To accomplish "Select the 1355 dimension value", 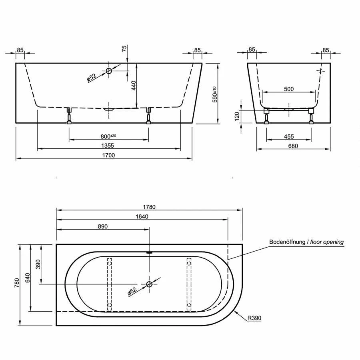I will pos(108,146).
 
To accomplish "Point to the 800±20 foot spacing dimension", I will pos(108,136).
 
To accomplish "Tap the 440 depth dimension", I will pos(134,86).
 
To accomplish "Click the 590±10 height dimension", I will pos(214,94).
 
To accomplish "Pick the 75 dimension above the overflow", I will pos(124,49).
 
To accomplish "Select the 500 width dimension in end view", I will pos(288,89).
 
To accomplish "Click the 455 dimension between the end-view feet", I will pos(289,136).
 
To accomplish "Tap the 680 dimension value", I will pos(293,146).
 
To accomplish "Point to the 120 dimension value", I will pos(237,116).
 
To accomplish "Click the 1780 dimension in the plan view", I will pos(149,207).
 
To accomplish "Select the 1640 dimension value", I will pos(142,217).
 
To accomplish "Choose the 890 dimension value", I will pos(102,226).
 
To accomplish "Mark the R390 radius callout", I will pos(254,318).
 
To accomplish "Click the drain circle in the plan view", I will pos(149,284).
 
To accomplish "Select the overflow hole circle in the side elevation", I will pos(109,71).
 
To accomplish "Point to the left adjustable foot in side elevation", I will pos(69,116).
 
